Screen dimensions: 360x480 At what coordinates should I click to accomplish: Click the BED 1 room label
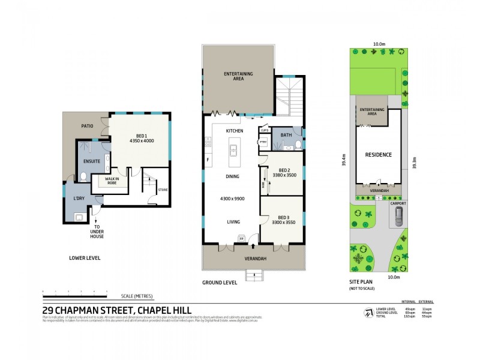pos(142,135)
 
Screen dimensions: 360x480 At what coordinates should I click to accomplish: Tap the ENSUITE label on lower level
pos(91,161)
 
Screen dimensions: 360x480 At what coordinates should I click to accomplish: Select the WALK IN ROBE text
pos(111,180)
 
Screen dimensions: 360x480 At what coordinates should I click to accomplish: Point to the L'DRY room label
pos(79,199)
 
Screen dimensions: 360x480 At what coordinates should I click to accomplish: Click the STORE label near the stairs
pos(163,190)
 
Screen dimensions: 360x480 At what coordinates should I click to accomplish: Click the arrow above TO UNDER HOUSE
pos(97,221)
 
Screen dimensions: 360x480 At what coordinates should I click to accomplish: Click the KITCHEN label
pos(233,130)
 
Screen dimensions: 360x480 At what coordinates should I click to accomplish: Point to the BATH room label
pos(286,135)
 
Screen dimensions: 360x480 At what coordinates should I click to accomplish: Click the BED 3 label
pos(284,217)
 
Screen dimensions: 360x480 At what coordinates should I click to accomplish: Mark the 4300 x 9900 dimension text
pos(233,198)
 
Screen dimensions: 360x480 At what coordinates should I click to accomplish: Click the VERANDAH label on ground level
pos(254,259)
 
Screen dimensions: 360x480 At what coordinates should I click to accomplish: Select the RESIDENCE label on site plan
pos(378,155)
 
